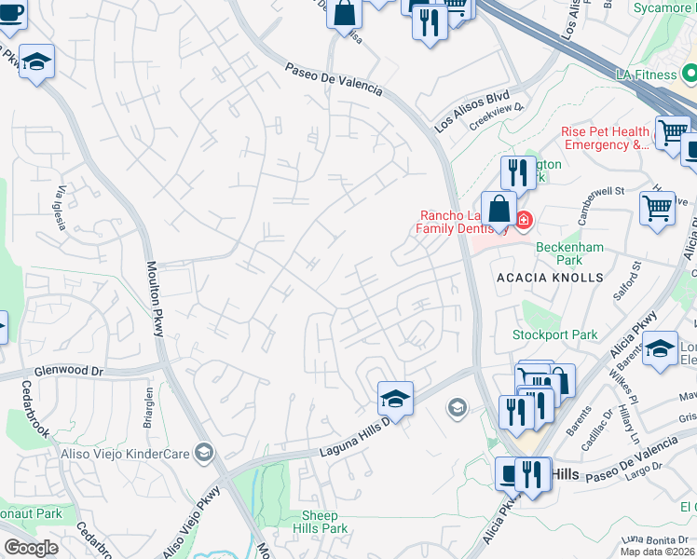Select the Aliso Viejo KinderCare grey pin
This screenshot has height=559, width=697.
pos(205,453)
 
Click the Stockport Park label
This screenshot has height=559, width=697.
pos(553,334)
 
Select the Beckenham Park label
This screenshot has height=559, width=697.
pos(569,253)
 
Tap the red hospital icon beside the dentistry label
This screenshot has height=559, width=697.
pos(524,220)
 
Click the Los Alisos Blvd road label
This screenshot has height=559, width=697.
pos(472,110)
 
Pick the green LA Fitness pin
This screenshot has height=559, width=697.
pos(690,72)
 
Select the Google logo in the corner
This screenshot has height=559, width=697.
pos(31,548)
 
